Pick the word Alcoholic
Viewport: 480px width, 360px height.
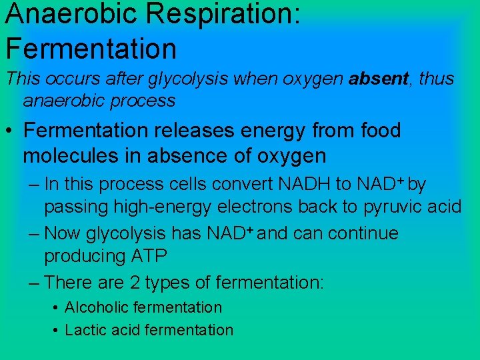coord(97,307)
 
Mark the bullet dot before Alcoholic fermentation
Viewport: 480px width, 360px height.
coord(55,308)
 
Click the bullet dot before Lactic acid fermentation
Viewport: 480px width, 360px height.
coord(55,331)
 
